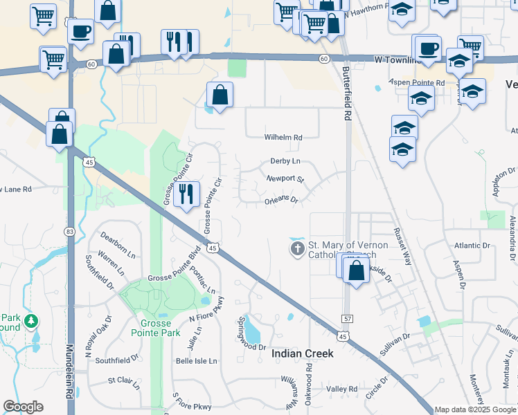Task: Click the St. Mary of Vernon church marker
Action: [x=298, y=248]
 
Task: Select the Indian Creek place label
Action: [x=303, y=353]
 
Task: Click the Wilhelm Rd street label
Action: [x=284, y=138]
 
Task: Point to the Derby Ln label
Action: [x=285, y=161]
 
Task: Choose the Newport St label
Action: [x=285, y=178]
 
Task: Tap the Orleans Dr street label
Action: [x=280, y=201]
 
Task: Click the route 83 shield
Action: [x=69, y=230]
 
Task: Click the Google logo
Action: [x=23, y=407]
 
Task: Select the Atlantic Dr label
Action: [x=472, y=246]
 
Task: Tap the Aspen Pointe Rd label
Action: [x=416, y=83]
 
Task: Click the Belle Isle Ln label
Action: [x=196, y=361]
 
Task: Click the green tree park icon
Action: [x=30, y=321]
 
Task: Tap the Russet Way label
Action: [x=402, y=247]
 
